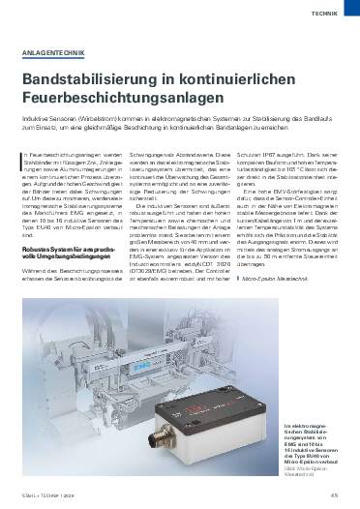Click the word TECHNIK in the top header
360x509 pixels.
(326, 14)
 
